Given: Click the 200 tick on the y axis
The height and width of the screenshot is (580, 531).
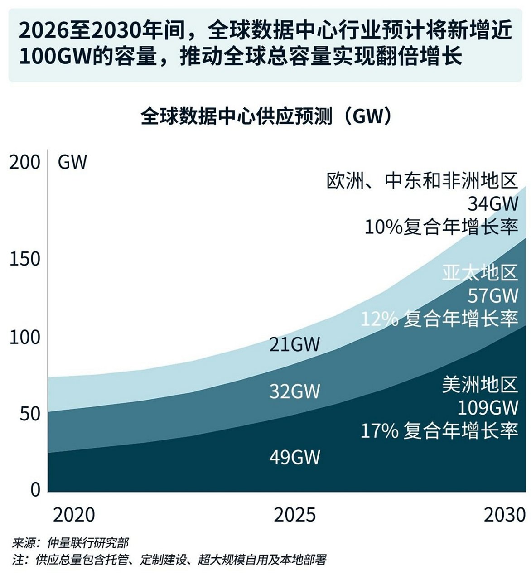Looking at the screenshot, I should pos(25,162).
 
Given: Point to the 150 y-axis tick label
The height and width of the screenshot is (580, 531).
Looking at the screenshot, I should pos(25,259).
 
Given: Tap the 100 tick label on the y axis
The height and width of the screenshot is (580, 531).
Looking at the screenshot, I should pos(25,338).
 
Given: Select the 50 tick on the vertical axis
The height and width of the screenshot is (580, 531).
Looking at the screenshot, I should pos(30,414).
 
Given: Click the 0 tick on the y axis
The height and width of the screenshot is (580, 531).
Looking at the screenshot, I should pos(35,490).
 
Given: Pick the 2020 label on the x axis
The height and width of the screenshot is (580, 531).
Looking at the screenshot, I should pos(74,515).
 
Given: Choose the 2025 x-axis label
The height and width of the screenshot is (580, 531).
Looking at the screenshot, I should pos(295,515).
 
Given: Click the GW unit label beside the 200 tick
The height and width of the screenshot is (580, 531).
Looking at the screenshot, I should pos(72,162).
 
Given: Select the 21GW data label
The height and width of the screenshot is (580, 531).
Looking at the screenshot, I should pos(294,345).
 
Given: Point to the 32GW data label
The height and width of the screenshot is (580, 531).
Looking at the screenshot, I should pos(294,391).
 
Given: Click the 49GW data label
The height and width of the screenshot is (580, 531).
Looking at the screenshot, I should pos(294,457).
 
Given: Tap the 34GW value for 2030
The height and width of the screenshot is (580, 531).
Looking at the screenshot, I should pos(493,204).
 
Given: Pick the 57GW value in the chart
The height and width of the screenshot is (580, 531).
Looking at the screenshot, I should pos(493,296).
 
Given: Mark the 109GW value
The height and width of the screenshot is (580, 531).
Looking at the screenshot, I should pos(488,408).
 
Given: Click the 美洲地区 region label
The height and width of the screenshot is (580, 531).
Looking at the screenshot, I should pos(480,385).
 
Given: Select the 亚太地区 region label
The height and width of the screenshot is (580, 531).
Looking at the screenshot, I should pos(480,273).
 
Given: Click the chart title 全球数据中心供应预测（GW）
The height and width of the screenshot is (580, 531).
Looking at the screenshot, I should pos(266,116).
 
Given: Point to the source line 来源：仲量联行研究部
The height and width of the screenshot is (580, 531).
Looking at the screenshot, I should pos(70,543).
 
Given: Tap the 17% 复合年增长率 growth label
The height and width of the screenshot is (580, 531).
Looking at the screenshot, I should pos(439,430).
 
